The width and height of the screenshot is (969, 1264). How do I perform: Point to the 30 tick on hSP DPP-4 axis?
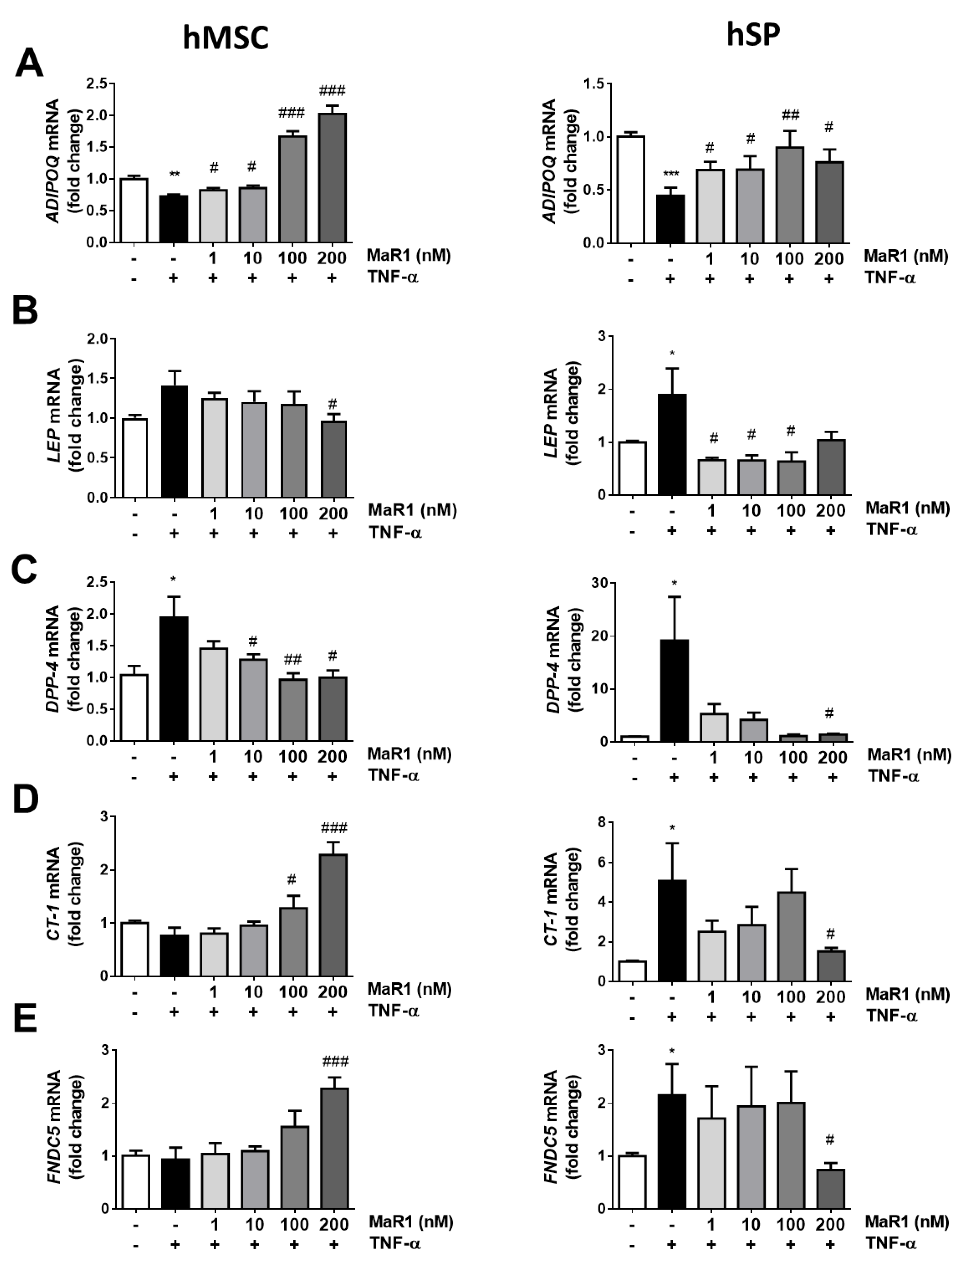(x=600, y=583)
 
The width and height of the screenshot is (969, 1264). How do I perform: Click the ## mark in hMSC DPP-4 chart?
(x=292, y=659)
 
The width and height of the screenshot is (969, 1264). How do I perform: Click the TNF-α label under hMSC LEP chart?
(x=394, y=533)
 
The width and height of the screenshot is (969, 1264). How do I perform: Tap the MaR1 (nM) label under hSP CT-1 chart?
(x=907, y=994)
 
